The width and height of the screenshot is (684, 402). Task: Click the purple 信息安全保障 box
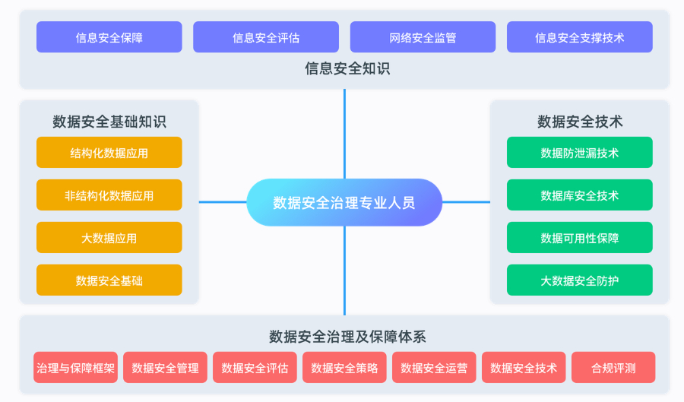click(109, 37)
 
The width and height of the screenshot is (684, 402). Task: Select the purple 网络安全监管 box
click(423, 37)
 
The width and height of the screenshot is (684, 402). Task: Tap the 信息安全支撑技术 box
click(580, 37)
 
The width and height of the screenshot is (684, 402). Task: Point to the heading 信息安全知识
click(347, 68)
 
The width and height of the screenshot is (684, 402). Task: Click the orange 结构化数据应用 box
click(109, 153)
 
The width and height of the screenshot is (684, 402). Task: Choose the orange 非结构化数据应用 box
click(109, 195)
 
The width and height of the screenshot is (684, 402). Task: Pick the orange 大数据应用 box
click(109, 238)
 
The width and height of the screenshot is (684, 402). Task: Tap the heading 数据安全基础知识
click(109, 122)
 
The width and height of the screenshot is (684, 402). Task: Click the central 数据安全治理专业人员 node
click(344, 202)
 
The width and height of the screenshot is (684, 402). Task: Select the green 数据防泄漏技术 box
click(580, 153)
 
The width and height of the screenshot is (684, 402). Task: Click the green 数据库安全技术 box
click(580, 195)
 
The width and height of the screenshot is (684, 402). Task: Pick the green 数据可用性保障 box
click(580, 238)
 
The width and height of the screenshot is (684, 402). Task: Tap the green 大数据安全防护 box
click(580, 280)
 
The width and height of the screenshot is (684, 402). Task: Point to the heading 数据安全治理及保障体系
click(347, 337)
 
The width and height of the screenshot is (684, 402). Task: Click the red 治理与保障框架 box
click(75, 368)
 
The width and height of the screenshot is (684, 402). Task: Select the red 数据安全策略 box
click(344, 368)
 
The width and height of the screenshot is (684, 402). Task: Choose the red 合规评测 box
click(613, 368)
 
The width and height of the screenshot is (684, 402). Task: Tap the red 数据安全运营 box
click(434, 368)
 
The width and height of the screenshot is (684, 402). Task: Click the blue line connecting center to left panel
click(223, 202)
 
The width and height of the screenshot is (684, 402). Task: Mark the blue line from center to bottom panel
click(344, 271)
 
